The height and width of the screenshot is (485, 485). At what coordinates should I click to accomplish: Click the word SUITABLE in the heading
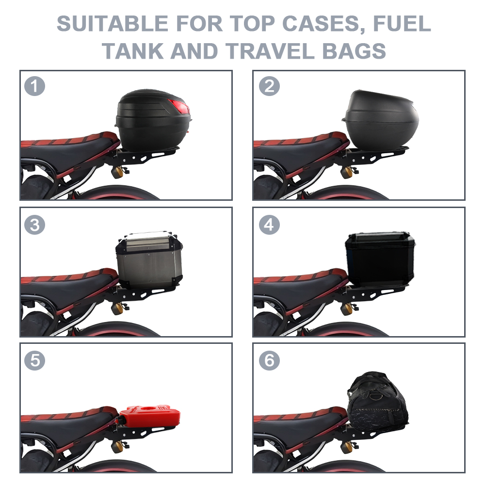113,23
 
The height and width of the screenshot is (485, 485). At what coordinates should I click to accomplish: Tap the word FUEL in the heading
402,23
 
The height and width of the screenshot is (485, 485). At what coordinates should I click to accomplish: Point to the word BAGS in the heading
354,51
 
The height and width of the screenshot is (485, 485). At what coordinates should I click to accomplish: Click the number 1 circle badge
34,86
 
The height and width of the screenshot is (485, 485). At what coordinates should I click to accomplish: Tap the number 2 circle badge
269,86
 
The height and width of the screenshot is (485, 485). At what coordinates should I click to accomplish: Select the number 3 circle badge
34,225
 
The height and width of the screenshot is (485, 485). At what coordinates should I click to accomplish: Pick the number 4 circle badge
269,225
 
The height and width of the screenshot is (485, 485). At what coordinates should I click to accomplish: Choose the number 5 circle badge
34,360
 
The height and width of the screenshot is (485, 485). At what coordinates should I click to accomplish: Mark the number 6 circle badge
269,360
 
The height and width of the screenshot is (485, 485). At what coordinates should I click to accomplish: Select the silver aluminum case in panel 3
149,259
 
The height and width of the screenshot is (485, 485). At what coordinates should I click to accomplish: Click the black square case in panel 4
380,259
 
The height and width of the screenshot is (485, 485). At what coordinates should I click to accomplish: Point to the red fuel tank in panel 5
148,416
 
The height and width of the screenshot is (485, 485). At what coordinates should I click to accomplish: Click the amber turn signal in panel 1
117,172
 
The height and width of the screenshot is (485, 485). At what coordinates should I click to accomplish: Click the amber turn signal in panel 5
117,447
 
